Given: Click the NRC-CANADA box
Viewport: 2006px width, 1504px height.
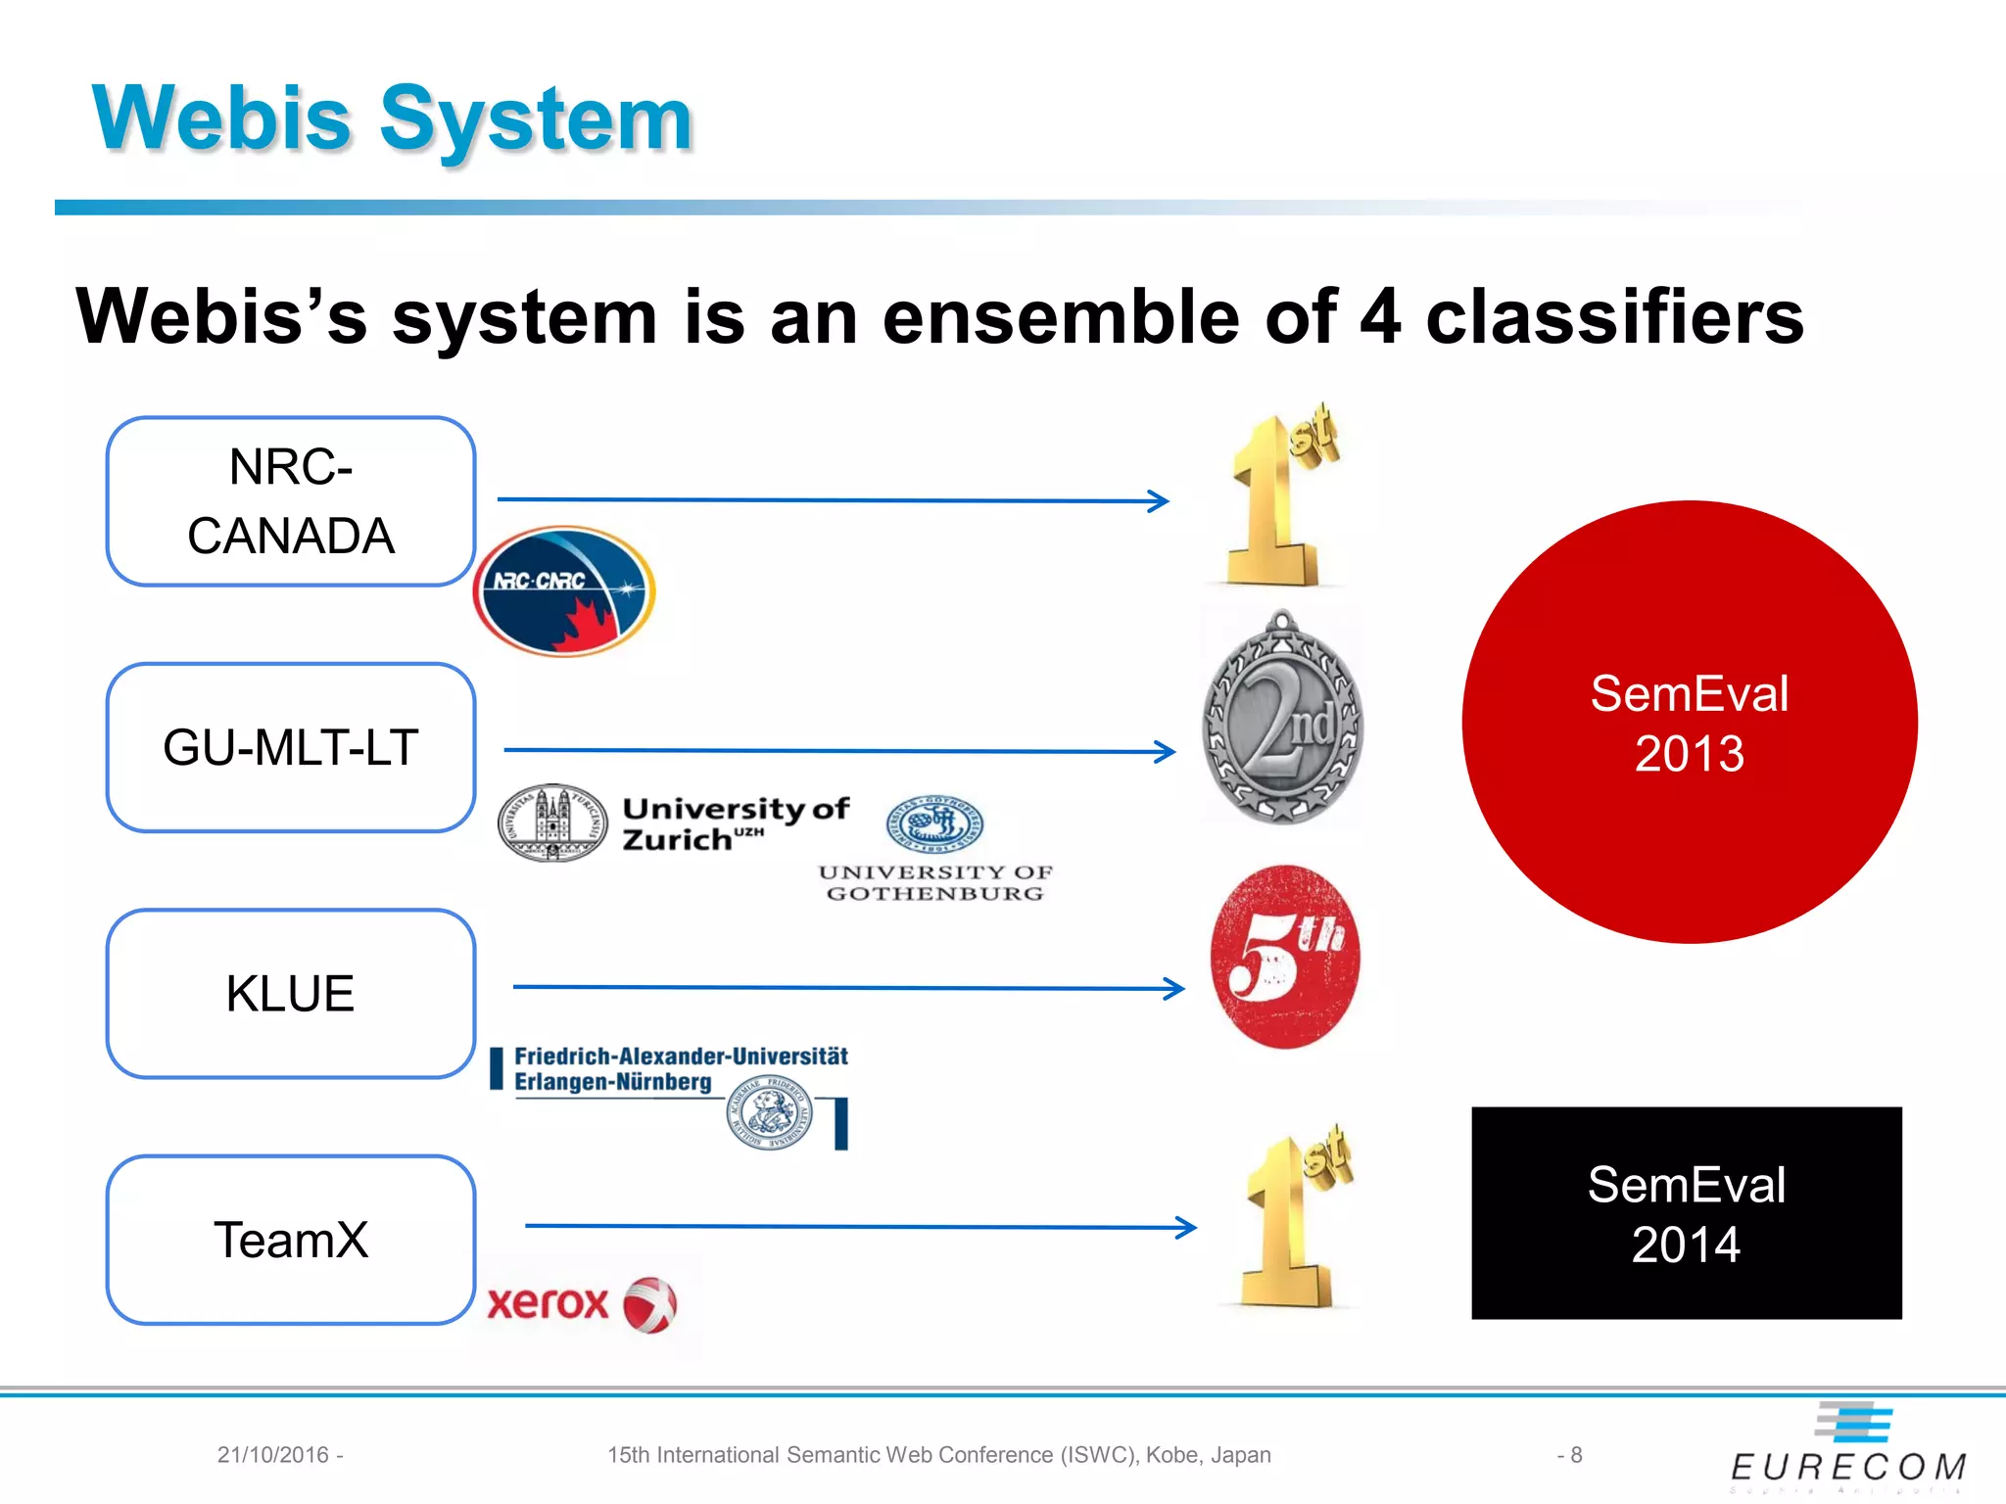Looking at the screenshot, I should pos(291,501).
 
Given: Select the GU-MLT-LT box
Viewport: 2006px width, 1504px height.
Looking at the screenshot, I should pos(291,747).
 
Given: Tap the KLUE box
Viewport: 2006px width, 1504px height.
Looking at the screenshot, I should pos(291,993).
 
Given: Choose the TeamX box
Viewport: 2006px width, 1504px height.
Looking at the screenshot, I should pos(291,1240).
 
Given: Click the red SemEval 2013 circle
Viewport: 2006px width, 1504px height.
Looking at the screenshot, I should pos(1689,723).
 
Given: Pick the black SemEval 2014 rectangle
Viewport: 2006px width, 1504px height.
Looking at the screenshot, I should pos(1686,1213).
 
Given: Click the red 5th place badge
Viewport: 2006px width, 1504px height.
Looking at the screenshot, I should pos(1285,957).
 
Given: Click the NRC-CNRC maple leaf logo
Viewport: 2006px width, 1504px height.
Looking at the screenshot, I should pos(564,591).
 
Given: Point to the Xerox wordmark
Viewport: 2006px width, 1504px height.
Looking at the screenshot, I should pos(549,1303).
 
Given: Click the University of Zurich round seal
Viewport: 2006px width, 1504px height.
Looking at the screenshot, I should pos(552,822).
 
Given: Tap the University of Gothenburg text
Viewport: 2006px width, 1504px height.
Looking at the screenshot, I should pos(934,882).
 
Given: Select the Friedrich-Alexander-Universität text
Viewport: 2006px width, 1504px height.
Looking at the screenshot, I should pos(681,1057).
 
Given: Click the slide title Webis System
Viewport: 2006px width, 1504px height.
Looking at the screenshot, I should pos(392,119).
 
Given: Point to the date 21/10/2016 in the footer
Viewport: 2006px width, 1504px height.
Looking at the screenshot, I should pos(273,1455).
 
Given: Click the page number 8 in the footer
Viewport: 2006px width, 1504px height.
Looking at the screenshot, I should pos(1575,1455).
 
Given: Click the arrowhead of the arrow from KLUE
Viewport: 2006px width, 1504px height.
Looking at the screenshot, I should pos(1174,988).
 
